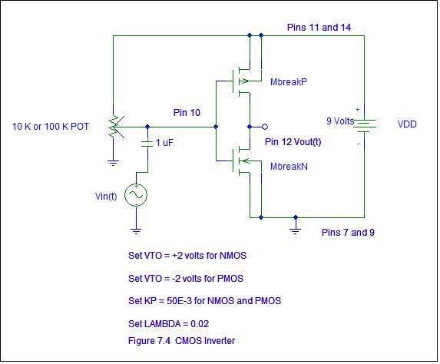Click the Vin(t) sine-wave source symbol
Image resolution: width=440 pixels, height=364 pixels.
[136, 195]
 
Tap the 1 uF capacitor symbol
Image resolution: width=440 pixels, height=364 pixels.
[147, 144]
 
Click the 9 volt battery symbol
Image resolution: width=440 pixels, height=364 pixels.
[365, 126]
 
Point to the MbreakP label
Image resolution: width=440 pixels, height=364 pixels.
[289, 82]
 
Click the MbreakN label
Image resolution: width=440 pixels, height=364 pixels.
[289, 167]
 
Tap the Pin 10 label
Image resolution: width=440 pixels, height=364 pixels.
[187, 113]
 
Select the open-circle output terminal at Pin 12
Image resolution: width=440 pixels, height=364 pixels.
[265, 127]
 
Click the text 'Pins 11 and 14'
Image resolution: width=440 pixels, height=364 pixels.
[319, 28]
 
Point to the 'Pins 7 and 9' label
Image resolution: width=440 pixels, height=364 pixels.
[348, 233]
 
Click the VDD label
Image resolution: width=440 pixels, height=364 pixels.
[407, 124]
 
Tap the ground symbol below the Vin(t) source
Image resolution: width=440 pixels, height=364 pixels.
[136, 231]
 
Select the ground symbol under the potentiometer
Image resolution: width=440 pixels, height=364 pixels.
[113, 163]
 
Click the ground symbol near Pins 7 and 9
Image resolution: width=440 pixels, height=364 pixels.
[295, 231]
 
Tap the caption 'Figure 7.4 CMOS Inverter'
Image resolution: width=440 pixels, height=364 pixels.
[181, 341]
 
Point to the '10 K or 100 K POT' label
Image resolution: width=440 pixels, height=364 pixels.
[51, 127]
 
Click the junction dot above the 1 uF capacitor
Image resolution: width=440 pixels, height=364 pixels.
[147, 127]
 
